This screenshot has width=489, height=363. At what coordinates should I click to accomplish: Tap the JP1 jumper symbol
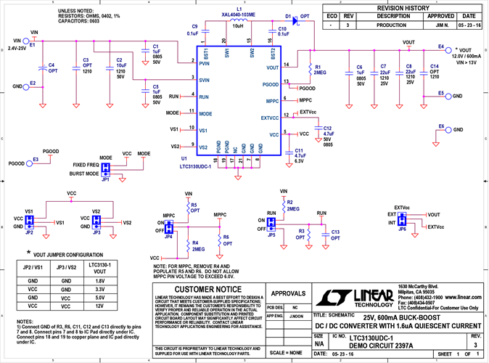point(105,168)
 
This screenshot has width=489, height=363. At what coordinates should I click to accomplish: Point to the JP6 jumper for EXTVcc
point(402,219)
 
